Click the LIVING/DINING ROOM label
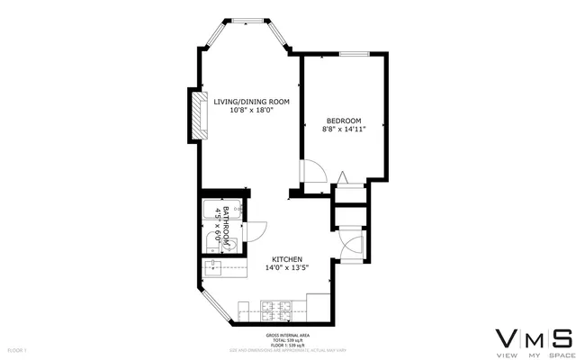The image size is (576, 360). point(251,101)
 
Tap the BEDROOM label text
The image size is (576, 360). point(343,121)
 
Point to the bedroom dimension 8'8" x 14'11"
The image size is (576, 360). point(343,130)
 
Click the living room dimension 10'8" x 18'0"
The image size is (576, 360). point(251,111)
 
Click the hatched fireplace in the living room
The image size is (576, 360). point(196,114)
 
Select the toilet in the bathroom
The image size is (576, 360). point(211,240)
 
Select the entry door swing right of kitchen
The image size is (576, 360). point(354,247)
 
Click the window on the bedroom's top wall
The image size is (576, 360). point(353,54)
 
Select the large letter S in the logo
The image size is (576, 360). point(562,338)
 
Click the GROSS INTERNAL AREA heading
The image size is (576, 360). point(287,333)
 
